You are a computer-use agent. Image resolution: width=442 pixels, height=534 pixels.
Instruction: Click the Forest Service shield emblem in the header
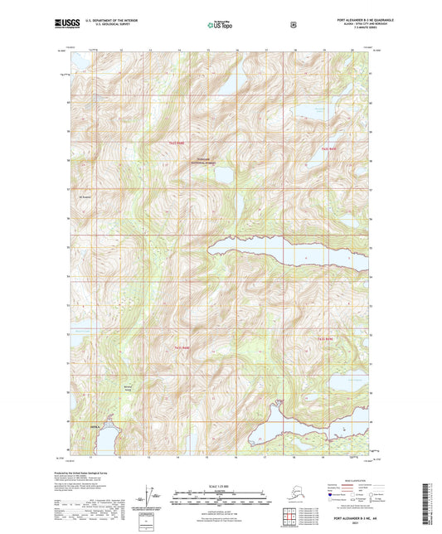(293, 25)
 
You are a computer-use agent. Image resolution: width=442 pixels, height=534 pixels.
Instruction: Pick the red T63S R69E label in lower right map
(324, 339)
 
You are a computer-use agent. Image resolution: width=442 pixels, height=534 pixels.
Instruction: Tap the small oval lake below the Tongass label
(221, 177)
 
